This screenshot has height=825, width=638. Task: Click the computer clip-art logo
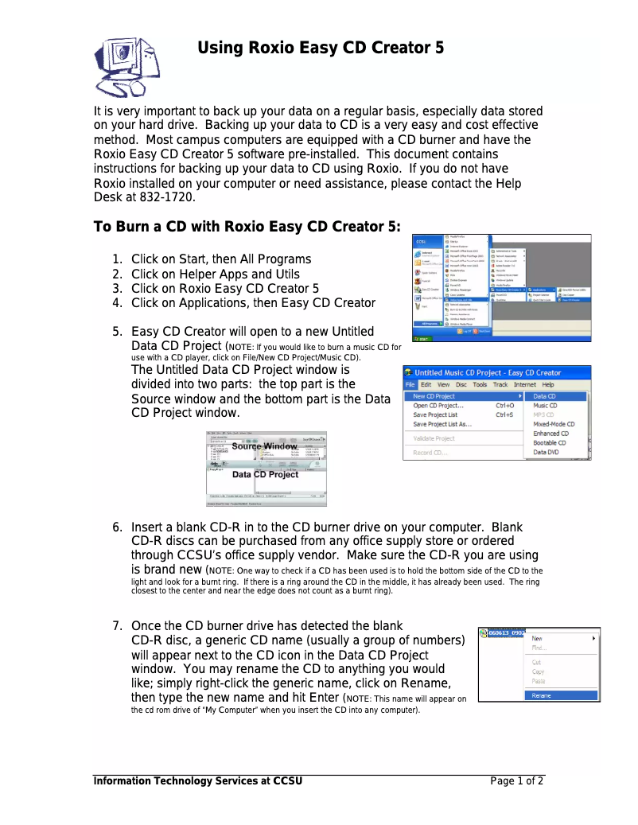click(126, 67)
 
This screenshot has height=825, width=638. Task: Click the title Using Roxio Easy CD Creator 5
click(321, 48)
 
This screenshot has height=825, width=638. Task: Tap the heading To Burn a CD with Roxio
click(247, 227)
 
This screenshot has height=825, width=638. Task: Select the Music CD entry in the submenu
click(545, 406)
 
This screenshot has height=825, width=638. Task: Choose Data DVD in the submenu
click(545, 452)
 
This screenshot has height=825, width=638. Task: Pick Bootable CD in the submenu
click(550, 442)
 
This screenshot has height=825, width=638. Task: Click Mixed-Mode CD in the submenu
click(554, 424)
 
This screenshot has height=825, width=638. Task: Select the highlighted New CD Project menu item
click(434, 396)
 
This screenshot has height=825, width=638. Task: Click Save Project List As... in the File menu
click(442, 424)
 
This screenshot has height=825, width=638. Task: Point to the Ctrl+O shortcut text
click(504, 406)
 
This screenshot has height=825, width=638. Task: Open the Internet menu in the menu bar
click(524, 384)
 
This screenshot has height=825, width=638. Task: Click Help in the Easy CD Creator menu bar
click(548, 384)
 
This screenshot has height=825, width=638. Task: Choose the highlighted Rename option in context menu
click(542, 695)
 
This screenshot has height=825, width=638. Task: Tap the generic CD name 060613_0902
click(507, 633)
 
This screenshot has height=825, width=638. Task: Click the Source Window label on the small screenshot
click(265, 446)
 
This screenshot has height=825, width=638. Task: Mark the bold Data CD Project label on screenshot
click(265, 474)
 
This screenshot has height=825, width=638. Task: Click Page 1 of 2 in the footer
click(517, 781)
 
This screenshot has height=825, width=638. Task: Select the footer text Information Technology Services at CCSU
click(198, 781)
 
